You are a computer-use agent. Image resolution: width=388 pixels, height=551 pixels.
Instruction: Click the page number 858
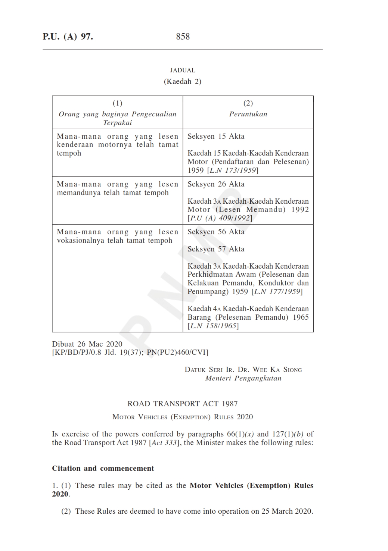pos(183,37)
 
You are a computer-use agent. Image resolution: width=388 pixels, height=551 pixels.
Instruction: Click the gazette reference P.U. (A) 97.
pos(68,37)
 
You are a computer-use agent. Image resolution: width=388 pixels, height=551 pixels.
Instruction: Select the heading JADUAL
pos(183,70)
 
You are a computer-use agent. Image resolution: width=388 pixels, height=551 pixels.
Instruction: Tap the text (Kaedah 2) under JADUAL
pos(183,81)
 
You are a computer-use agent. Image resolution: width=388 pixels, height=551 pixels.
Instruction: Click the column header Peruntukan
pos(248,114)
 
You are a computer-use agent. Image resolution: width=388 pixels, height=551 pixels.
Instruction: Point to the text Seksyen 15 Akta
pos(216,137)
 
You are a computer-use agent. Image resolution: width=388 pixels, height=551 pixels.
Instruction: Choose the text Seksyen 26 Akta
pos(216,184)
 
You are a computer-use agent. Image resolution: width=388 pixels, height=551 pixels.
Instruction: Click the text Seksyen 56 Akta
pos(216,232)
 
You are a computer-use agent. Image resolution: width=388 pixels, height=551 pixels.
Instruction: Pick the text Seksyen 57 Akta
pos(216,249)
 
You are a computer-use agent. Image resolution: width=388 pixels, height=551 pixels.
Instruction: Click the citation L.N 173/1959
pos(233,170)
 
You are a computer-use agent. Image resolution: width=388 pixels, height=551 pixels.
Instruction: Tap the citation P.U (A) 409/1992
pos(221,218)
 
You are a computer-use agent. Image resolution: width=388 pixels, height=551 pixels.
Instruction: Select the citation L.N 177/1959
pos(277,292)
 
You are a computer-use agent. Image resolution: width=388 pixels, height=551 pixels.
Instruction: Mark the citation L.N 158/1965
pos(213,326)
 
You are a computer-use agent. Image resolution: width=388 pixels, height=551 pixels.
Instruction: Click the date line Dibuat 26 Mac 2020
pos(87,344)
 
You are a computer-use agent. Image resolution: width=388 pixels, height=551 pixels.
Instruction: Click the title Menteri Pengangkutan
pos(243,378)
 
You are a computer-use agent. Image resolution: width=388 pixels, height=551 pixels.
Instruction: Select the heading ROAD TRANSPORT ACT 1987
pos(183,404)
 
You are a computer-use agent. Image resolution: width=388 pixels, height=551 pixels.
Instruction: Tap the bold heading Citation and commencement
pos(103,469)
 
